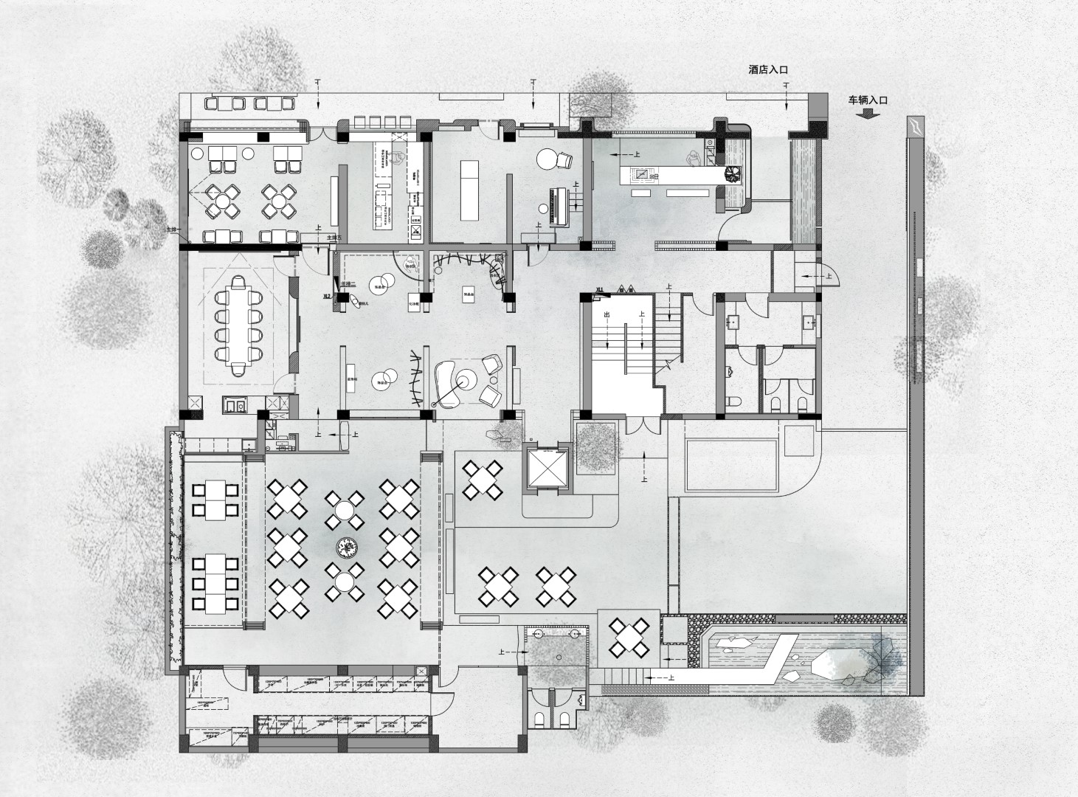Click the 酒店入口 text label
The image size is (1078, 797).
768,70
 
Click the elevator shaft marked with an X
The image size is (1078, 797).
547,466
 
